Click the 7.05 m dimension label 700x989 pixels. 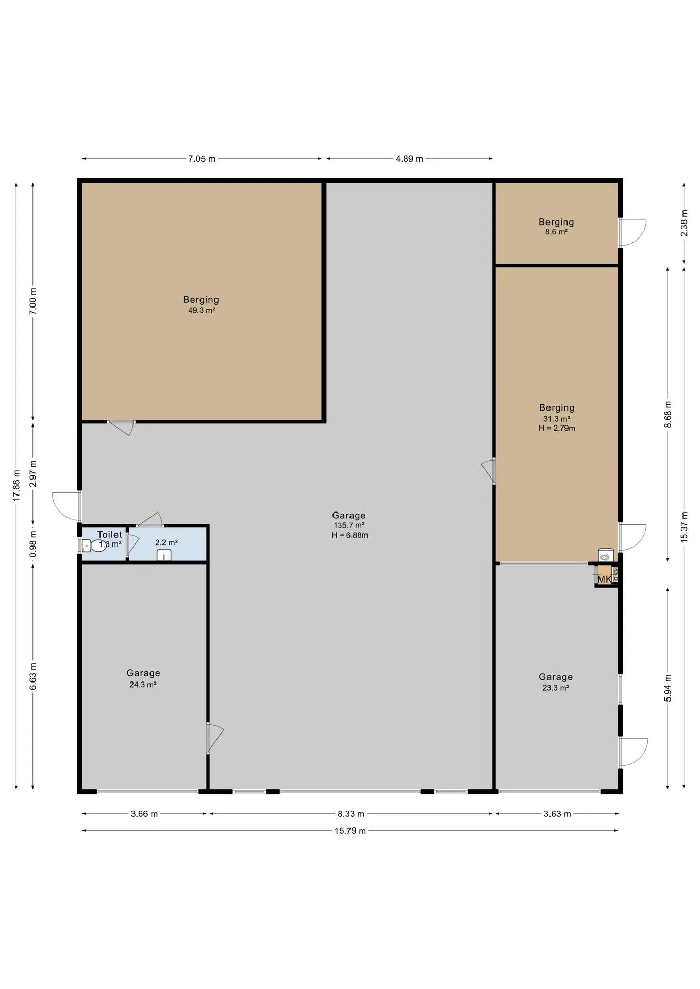point(202,159)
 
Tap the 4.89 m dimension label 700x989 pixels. point(409,159)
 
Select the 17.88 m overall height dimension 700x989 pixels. point(16,485)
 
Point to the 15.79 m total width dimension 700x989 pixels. point(350,831)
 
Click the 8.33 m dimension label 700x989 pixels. point(351,814)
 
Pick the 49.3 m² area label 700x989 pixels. point(202,311)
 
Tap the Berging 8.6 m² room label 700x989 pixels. point(556,227)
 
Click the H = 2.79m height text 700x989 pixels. point(557,428)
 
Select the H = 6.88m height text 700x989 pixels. point(350,535)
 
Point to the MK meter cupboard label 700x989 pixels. point(605,579)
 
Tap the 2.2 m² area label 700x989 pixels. point(166,542)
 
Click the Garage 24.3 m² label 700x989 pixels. point(143,678)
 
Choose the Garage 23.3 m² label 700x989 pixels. point(556,682)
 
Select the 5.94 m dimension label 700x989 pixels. point(668,688)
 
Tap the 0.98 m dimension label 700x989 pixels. point(33,544)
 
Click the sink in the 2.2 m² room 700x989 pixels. point(164,555)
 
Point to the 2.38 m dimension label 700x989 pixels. point(684,223)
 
